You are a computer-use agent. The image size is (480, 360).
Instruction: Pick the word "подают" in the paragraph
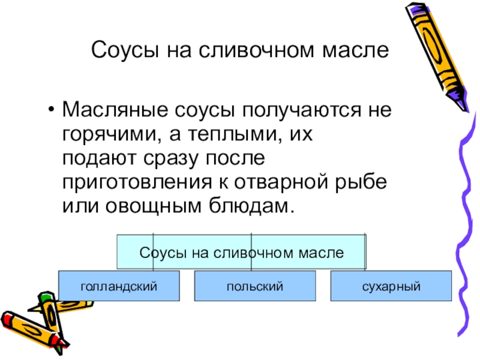click(x=96, y=158)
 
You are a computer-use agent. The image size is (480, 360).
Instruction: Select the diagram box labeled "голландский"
click(x=119, y=286)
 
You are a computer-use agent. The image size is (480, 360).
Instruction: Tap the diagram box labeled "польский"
click(x=254, y=286)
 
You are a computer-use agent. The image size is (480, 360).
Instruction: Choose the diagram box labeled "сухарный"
click(x=390, y=286)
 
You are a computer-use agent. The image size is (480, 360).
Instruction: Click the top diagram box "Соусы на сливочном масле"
click(x=241, y=252)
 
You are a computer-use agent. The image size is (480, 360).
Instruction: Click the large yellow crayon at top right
click(x=435, y=54)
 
